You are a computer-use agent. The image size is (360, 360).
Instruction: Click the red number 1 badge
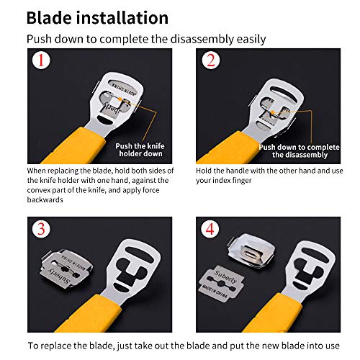coord(41,60)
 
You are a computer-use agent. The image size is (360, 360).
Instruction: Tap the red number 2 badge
coord(210,60)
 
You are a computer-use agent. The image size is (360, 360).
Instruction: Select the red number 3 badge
coord(41,229)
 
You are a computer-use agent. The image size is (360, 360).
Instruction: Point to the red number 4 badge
coord(210,229)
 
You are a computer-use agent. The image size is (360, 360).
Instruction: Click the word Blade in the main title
coord(49,18)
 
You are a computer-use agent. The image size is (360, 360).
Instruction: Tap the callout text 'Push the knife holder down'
coord(140,150)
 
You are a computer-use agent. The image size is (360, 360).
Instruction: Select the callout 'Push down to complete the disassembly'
coord(300,151)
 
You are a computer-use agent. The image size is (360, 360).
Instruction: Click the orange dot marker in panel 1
coord(120,99)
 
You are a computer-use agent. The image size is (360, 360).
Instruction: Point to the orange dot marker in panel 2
coord(273,112)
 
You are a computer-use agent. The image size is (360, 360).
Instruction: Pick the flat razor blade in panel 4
coord(221,283)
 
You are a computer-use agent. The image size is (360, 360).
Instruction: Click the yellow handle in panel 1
coord(74,147)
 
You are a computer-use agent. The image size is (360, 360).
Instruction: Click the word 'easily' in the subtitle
coord(251,40)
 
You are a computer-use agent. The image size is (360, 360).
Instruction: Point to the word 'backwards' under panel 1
coord(45,199)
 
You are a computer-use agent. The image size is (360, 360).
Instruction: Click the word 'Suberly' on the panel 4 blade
coord(225,276)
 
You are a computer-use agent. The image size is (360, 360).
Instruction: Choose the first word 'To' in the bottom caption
coord(33,346)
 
